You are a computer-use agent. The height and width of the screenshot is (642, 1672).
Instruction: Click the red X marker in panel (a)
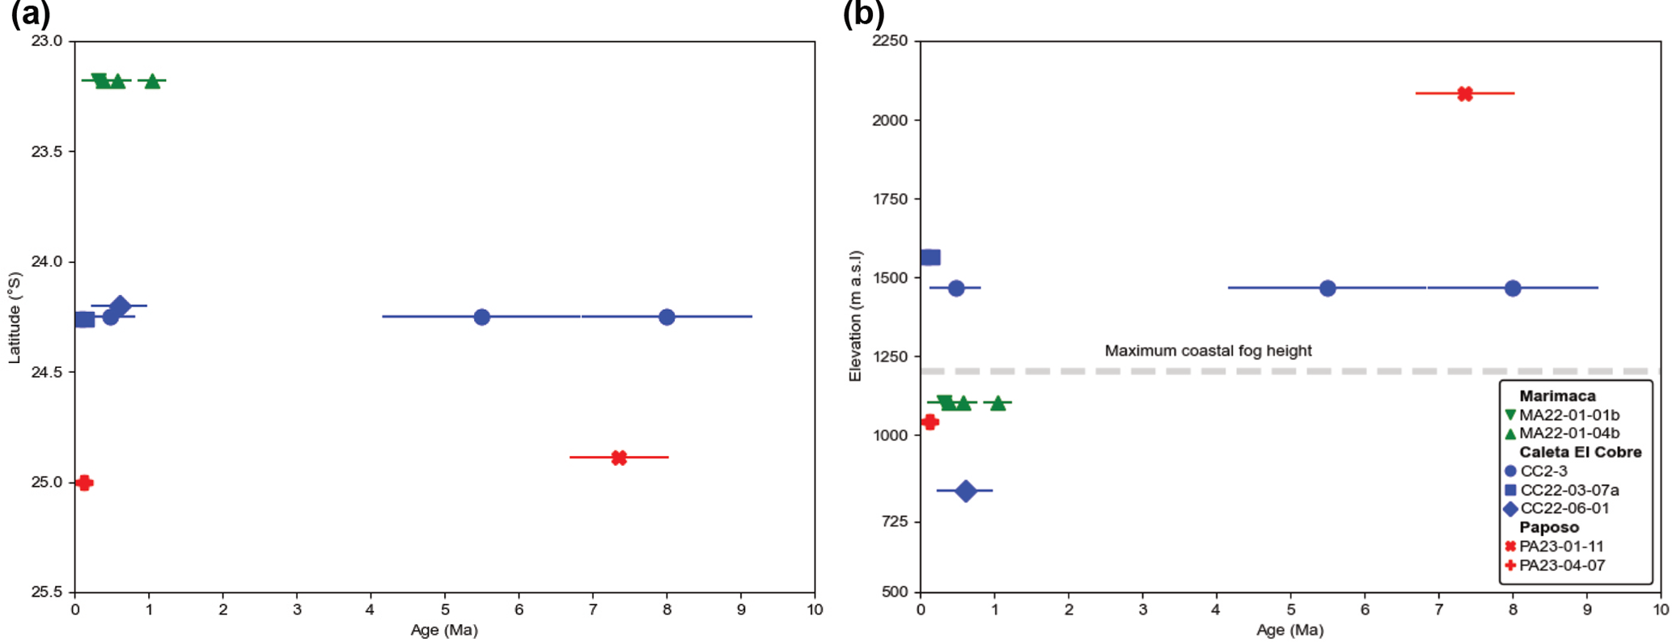coord(619,458)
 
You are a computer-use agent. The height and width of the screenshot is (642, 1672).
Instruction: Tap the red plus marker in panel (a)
coord(84,483)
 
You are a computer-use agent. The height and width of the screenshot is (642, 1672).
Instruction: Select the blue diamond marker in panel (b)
coord(965,491)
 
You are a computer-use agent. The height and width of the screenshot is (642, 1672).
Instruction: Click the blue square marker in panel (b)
coord(930,257)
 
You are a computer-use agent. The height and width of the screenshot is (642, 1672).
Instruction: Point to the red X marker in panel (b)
coord(1465,94)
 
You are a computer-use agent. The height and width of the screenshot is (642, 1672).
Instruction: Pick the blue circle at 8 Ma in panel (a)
coord(667,317)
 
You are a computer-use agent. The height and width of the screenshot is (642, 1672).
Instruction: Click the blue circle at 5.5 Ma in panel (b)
coord(1327,288)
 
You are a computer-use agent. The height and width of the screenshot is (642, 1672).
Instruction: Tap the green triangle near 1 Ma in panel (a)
coord(152,81)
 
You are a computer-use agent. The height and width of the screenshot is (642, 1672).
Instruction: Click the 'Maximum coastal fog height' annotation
coord(1208,351)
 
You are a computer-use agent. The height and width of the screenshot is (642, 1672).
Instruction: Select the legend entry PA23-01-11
coord(1561,547)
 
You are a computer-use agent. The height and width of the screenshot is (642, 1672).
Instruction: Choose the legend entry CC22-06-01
coord(1564,509)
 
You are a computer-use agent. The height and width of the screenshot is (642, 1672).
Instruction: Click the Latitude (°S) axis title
coord(14,318)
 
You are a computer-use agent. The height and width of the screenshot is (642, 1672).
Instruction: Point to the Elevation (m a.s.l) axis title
coord(855,316)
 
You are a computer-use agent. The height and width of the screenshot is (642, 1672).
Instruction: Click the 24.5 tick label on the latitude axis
coord(47,372)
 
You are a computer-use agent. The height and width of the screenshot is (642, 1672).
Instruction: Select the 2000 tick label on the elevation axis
coord(890,120)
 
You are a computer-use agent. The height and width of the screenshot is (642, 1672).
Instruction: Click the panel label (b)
coord(863,14)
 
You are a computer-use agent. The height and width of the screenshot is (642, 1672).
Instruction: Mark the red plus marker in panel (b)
coord(929,422)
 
